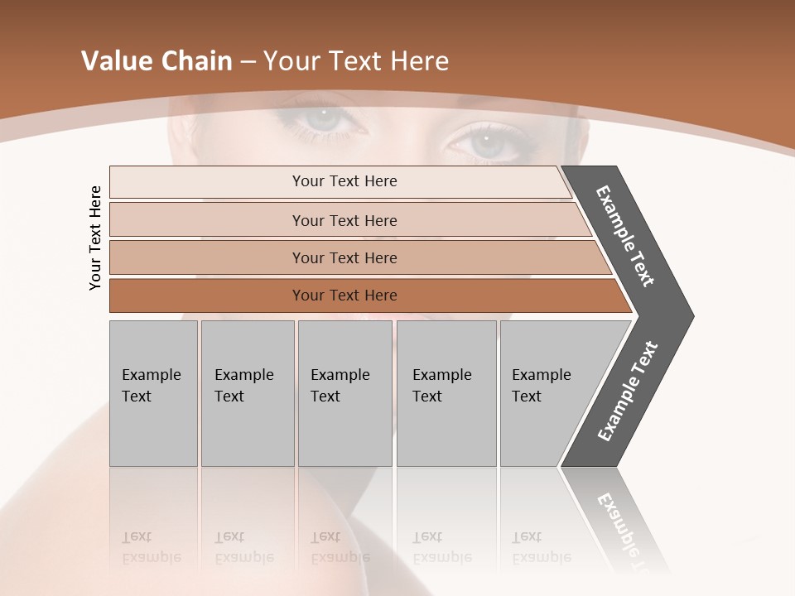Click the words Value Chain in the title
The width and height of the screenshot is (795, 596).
tap(156, 61)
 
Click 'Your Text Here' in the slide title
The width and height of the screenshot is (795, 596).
tap(356, 61)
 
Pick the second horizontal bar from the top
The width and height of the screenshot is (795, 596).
tap(344, 220)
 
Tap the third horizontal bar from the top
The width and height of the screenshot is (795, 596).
tap(344, 257)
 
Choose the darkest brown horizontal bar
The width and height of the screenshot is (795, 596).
tap(344, 296)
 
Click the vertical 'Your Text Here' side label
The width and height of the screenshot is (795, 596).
tap(95, 238)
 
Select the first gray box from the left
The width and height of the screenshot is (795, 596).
tap(153, 393)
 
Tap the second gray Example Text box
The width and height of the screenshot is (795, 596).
tap(248, 393)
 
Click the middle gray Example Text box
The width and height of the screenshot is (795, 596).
tap(344, 393)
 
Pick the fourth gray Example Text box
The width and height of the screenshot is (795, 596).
tap(446, 393)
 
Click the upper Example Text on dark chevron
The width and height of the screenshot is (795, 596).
tap(625, 236)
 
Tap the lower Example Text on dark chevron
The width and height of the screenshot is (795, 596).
tap(628, 392)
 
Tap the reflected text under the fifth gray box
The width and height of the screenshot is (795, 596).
tap(541, 547)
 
